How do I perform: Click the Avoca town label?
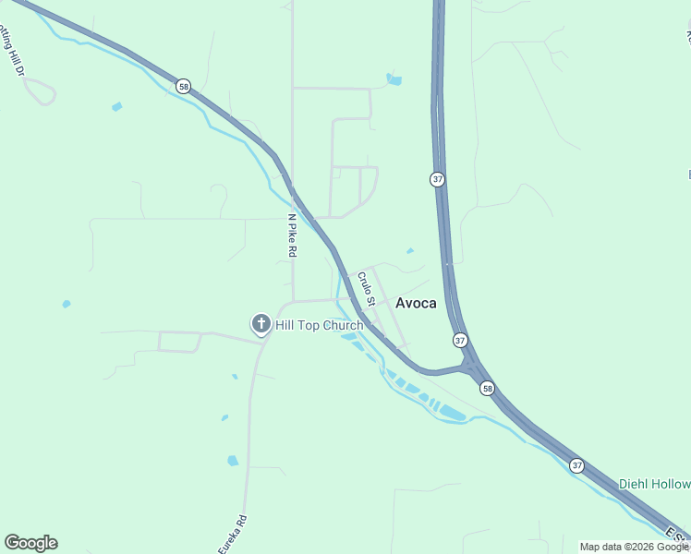point(416,303)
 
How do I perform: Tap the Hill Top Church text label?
point(319,325)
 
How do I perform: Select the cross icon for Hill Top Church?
point(261,324)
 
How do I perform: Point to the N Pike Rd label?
point(292,236)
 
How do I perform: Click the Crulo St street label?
point(366,288)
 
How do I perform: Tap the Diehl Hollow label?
point(655,485)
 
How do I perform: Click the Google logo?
point(30,543)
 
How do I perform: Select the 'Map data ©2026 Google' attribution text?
point(635,547)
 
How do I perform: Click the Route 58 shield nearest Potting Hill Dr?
point(185,86)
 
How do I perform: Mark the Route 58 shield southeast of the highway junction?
point(488,388)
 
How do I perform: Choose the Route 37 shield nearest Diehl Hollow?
point(577,464)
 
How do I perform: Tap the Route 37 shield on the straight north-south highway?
point(437,179)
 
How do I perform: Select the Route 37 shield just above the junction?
point(460,341)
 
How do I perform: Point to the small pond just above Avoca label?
point(409,250)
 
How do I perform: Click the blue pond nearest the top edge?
point(394,79)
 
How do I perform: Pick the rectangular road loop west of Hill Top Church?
point(180,342)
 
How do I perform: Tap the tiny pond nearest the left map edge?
point(66,304)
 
